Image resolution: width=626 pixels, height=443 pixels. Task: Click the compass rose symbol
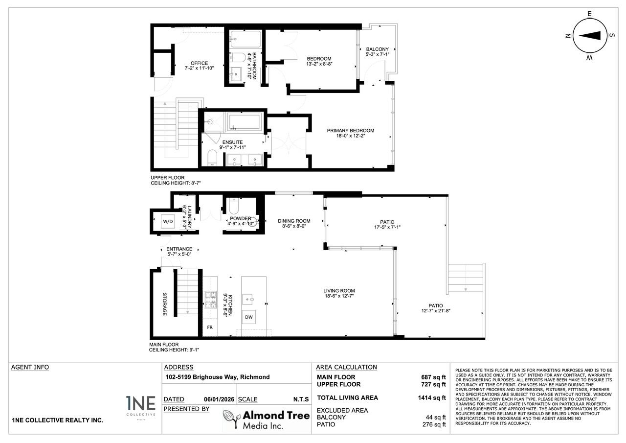tap(593, 35)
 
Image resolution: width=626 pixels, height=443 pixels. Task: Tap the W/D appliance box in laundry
tap(168, 221)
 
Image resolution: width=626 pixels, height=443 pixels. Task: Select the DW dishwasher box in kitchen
tap(249, 317)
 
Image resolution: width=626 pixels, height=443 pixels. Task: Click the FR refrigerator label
tap(210, 327)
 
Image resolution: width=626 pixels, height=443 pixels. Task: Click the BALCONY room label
tap(377, 49)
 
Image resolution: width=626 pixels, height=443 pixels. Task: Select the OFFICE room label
tap(200, 63)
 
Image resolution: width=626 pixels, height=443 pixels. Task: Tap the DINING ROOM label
tap(294, 221)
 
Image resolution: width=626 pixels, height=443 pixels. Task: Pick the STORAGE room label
tap(165, 304)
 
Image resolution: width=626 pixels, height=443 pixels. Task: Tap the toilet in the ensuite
tap(212, 159)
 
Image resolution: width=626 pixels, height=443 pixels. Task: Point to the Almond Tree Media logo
tap(267, 420)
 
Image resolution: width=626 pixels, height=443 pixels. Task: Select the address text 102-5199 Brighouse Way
tap(217, 377)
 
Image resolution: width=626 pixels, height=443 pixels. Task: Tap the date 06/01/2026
tap(219, 399)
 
